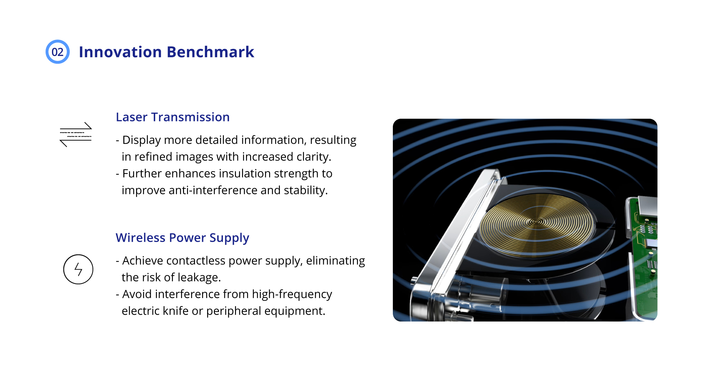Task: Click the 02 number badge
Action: (x=58, y=52)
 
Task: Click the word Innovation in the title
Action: (x=120, y=52)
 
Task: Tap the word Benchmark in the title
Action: (x=210, y=52)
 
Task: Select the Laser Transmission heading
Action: (x=173, y=117)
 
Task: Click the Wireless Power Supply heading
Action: (x=182, y=238)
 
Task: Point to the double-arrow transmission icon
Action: (x=76, y=134)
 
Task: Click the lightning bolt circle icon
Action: (x=78, y=269)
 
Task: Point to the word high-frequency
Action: (x=292, y=294)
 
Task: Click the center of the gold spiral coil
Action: (x=537, y=222)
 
